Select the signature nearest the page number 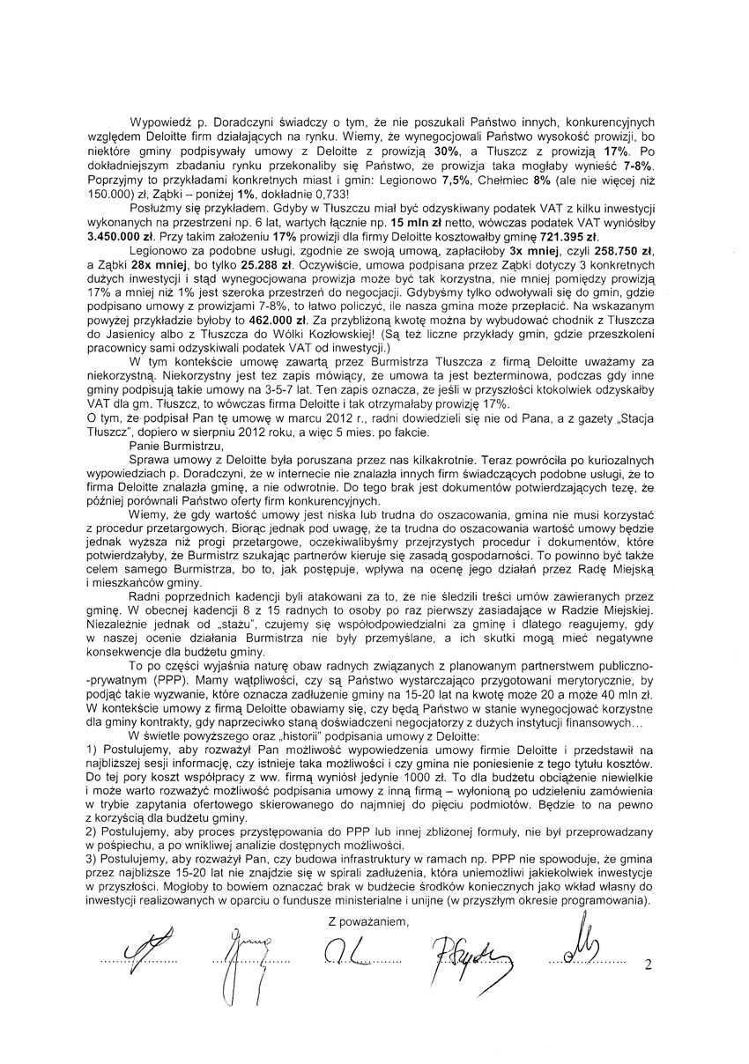tap(577, 951)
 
